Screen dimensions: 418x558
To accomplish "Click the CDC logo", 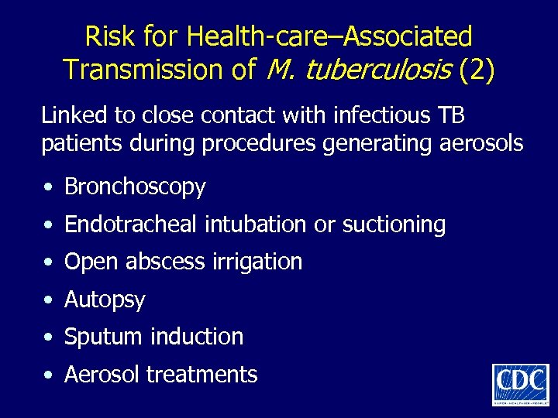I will point(520,383).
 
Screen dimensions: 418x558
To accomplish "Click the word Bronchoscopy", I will point(135,187).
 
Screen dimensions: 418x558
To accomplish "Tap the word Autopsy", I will point(105,300).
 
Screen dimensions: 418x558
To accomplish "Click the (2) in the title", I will point(475,70).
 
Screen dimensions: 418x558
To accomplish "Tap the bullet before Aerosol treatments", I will point(49,375).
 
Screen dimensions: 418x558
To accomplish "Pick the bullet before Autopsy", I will point(49,300).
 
